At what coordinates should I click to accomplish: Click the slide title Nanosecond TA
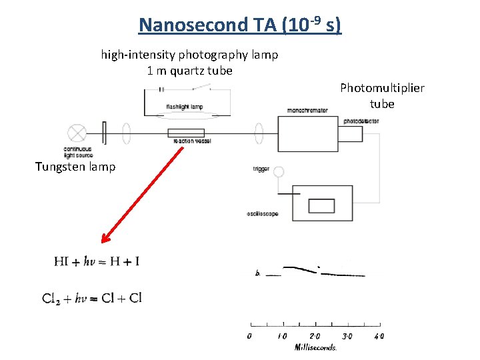click(x=239, y=25)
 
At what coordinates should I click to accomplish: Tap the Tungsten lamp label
click(x=75, y=167)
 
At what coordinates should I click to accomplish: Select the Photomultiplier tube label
click(x=382, y=95)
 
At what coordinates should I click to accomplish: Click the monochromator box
click(x=307, y=133)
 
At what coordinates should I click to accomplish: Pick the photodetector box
click(x=351, y=133)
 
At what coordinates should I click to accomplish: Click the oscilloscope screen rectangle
click(x=321, y=204)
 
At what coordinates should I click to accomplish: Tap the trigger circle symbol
click(x=279, y=172)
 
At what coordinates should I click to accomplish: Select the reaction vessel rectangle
click(x=186, y=133)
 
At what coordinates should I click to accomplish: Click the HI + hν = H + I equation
click(x=97, y=261)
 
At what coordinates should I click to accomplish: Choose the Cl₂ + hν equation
click(x=92, y=298)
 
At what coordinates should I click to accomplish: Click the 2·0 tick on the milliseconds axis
click(x=314, y=336)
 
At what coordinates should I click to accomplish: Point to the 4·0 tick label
click(x=379, y=336)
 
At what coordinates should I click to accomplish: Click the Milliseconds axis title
click(x=315, y=347)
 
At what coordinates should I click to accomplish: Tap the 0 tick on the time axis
click(x=249, y=336)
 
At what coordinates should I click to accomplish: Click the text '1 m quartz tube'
click(x=189, y=71)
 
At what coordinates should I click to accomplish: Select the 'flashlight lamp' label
click(x=185, y=107)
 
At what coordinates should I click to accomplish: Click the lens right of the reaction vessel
click(x=258, y=133)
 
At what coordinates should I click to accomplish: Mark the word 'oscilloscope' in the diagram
click(x=262, y=214)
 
